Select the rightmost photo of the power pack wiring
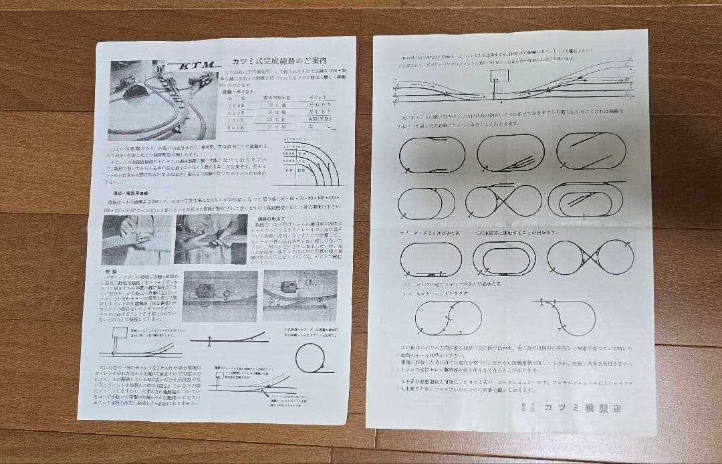pos(299,294)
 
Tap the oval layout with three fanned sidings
pos(511,153)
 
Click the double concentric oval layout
pos(513,257)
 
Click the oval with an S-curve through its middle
pos(448,318)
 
